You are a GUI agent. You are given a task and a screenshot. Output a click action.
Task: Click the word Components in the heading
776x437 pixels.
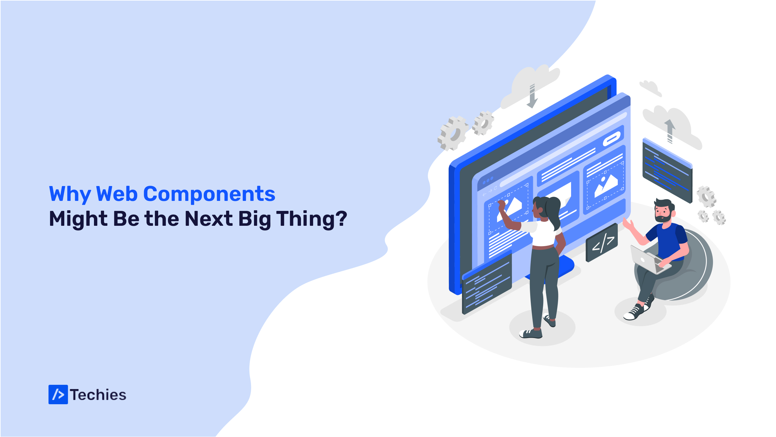click(209, 194)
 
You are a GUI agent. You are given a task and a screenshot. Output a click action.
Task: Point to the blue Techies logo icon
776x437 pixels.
click(58, 395)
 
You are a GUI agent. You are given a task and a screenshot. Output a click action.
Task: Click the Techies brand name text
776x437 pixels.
click(98, 395)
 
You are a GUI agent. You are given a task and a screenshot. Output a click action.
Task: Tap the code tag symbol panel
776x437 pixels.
click(602, 243)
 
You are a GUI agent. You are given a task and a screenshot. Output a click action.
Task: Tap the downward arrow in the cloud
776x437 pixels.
click(532, 96)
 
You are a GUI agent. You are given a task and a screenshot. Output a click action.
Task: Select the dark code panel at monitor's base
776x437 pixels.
click(487, 284)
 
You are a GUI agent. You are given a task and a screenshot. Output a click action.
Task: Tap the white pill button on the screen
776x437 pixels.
click(612, 139)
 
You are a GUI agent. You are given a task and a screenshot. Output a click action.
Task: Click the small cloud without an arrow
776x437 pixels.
click(651, 88)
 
